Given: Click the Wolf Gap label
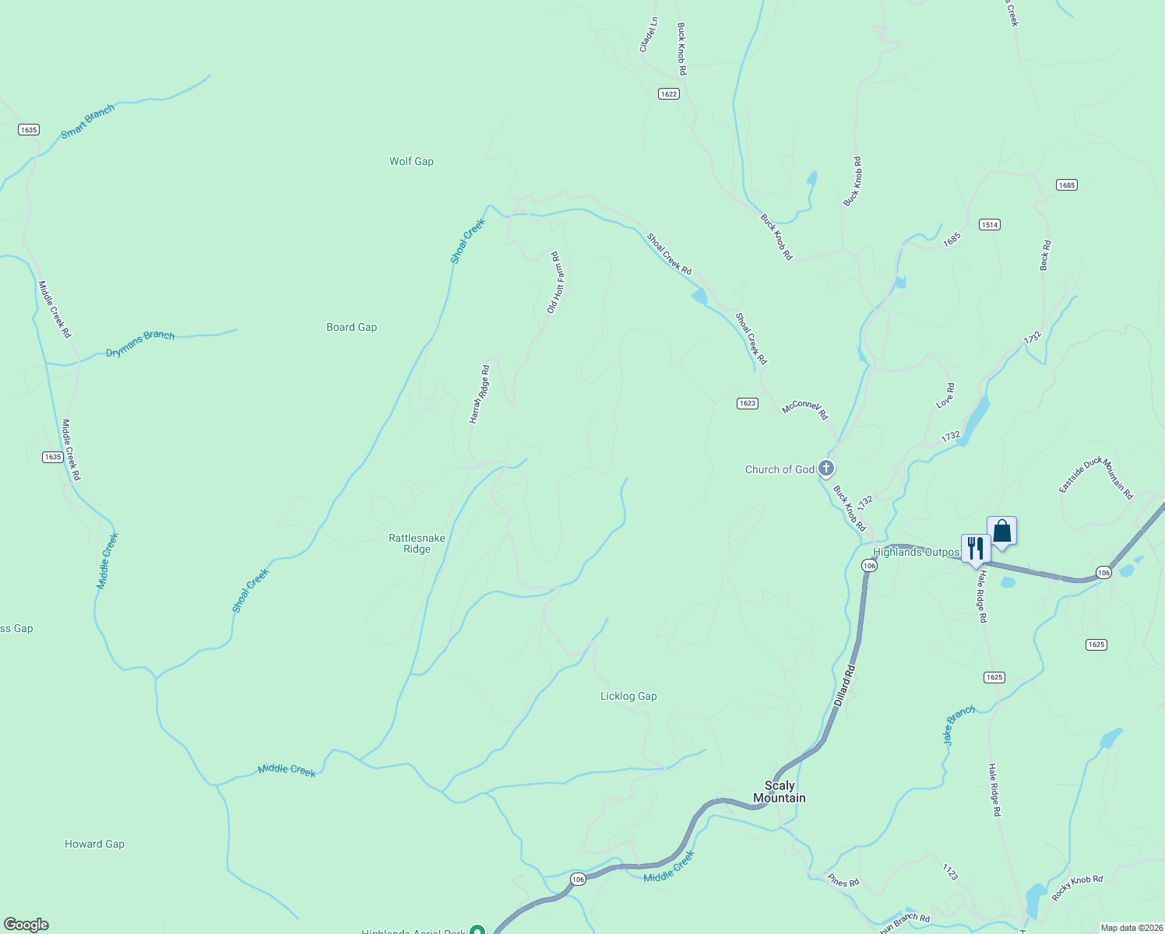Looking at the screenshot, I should pyautogui.click(x=411, y=161).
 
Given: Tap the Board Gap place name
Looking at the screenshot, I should pyautogui.click(x=351, y=327).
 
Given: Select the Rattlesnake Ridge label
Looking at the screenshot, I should pyautogui.click(x=417, y=543).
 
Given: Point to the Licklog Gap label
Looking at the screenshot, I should pyautogui.click(x=628, y=696).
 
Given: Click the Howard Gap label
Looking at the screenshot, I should pyautogui.click(x=94, y=844).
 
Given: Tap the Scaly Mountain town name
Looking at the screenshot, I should pyautogui.click(x=779, y=792).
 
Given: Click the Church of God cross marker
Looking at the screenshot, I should pyautogui.click(x=826, y=469).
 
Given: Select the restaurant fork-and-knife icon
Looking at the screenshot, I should pyautogui.click(x=975, y=548).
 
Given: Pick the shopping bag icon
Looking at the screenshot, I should pyautogui.click(x=1001, y=532).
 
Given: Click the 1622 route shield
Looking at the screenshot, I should pyautogui.click(x=668, y=93).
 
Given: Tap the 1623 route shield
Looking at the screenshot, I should pyautogui.click(x=747, y=403).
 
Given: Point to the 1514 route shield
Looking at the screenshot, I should pyautogui.click(x=989, y=224).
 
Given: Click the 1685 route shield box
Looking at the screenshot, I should pyautogui.click(x=1066, y=184).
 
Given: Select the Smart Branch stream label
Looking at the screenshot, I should pyautogui.click(x=88, y=121).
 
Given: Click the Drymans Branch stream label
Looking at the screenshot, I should pyautogui.click(x=140, y=343).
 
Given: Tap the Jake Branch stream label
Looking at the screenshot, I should pyautogui.click(x=959, y=725).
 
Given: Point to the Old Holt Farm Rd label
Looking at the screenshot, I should pyautogui.click(x=554, y=282).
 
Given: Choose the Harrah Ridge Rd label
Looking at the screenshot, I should pyautogui.click(x=479, y=394).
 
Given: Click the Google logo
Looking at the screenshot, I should pyautogui.click(x=26, y=925).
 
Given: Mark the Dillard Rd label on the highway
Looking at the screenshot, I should pyautogui.click(x=845, y=685).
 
